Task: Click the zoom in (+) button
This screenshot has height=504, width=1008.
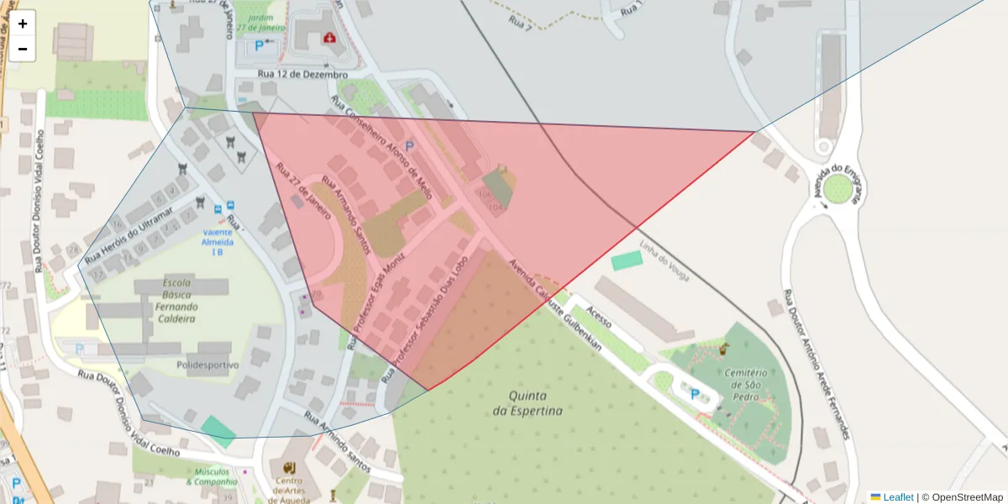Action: (23, 24)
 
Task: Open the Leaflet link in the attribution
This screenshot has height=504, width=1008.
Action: (897, 497)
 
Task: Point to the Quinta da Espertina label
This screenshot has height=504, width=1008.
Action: (528, 403)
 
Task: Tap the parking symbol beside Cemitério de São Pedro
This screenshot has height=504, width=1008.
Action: (694, 393)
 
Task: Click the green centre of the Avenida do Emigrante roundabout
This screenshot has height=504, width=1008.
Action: (837, 190)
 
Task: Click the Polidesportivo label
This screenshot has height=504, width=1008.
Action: (207, 365)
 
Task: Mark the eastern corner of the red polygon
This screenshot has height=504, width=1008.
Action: (753, 132)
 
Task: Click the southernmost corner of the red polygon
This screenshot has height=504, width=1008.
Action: (430, 390)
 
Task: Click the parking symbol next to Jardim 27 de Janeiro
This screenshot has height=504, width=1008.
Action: (259, 47)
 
